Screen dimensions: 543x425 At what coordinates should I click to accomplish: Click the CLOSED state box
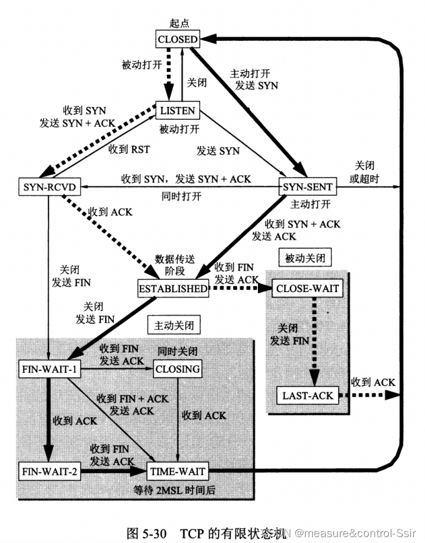[177, 40]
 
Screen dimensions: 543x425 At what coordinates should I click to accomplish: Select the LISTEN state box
[178, 110]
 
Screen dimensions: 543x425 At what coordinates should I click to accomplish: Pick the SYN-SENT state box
[308, 187]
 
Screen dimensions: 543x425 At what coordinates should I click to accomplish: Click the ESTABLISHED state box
[173, 289]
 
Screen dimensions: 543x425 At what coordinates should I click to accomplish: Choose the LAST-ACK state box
[308, 395]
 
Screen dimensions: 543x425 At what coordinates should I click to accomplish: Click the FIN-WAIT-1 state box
[49, 369]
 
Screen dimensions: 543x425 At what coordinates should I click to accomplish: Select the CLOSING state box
[177, 369]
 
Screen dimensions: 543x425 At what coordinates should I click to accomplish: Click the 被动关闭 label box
[305, 257]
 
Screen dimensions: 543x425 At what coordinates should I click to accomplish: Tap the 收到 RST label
[129, 149]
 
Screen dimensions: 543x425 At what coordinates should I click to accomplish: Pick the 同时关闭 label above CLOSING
[176, 351]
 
